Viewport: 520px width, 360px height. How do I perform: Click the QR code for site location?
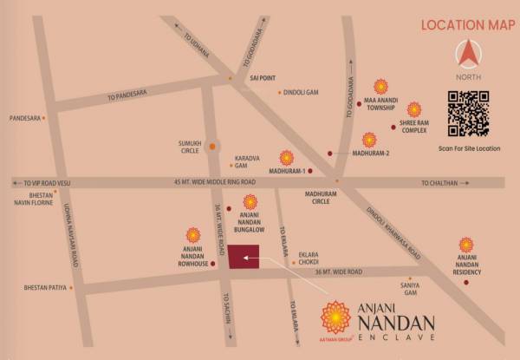[x=469, y=114]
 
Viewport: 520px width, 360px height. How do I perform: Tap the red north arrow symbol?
[x=469, y=55]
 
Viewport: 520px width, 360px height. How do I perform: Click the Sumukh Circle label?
[x=189, y=147]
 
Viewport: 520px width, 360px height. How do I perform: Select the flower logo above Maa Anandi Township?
[x=380, y=87]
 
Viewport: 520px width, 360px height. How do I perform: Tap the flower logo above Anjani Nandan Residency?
[x=466, y=245]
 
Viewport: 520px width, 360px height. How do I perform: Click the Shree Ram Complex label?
[x=414, y=129]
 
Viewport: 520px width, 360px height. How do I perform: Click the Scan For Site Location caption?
[x=470, y=149]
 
